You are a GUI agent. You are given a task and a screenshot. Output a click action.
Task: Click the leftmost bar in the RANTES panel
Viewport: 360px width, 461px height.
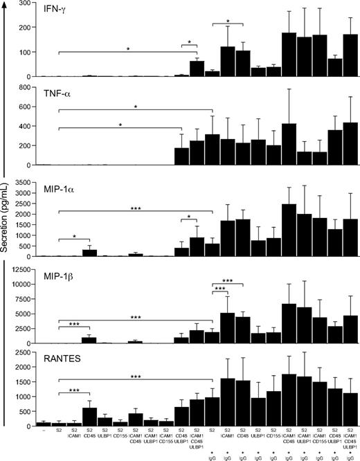click(x=44, y=424)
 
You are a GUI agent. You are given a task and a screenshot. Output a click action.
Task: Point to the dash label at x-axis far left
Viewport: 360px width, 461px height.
click(x=44, y=431)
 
